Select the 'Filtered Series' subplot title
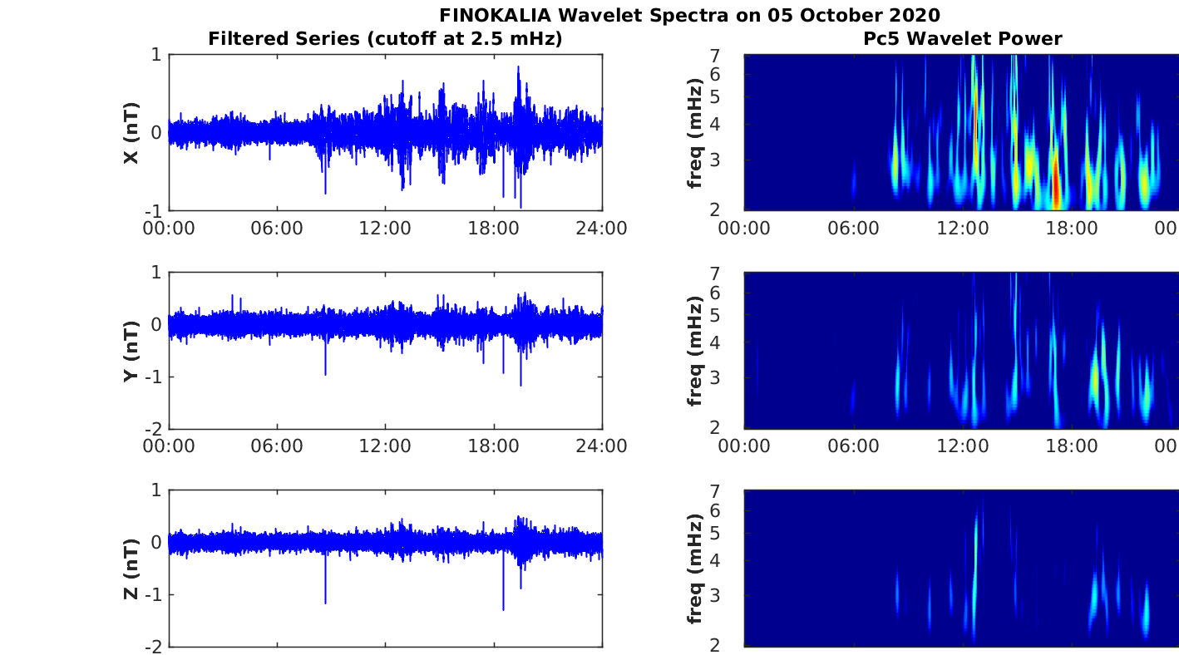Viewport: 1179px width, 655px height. [385, 38]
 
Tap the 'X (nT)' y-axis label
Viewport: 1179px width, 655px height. [131, 133]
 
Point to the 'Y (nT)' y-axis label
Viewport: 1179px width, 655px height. [131, 351]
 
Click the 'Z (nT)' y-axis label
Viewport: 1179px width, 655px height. [131, 569]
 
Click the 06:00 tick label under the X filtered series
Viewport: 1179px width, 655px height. [277, 228]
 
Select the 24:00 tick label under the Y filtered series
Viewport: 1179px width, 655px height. [601, 446]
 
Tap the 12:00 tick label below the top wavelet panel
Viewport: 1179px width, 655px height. [962, 228]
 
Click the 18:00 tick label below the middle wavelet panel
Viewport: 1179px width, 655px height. [1072, 446]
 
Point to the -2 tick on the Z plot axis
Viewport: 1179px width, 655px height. [155, 646]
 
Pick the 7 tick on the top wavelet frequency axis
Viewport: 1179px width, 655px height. [736, 55]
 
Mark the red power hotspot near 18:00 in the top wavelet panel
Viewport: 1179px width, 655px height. [1056, 187]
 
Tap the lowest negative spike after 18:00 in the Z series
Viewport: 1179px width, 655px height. [503, 608]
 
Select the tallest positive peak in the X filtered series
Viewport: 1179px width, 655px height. [518, 68]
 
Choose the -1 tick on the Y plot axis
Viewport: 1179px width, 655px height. [155, 377]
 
